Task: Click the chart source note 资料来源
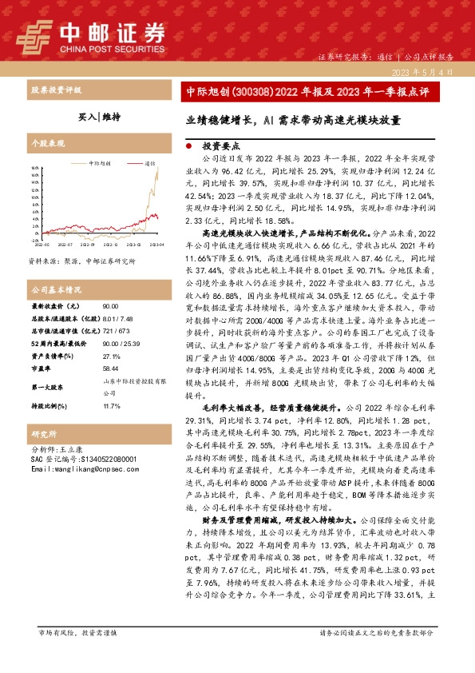81,261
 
